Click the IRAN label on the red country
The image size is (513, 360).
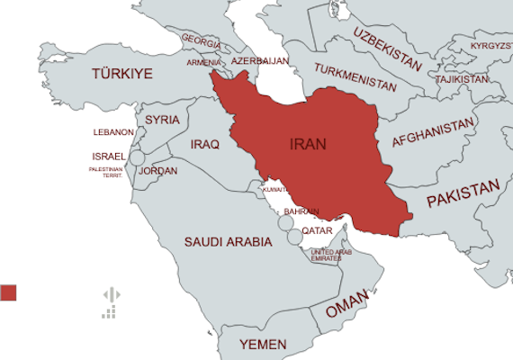(308, 144)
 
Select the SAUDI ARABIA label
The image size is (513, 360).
(228, 242)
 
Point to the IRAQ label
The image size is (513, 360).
(205, 144)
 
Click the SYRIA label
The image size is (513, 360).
(162, 119)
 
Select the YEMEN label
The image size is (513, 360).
(264, 345)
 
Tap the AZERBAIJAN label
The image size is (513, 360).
(259, 61)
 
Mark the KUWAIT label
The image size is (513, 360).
(275, 190)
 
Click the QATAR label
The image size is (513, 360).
(317, 230)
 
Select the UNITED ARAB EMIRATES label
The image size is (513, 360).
(326, 255)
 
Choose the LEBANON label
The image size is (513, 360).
(113, 132)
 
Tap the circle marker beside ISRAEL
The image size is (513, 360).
(138, 158)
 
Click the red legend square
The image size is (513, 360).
(9, 292)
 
